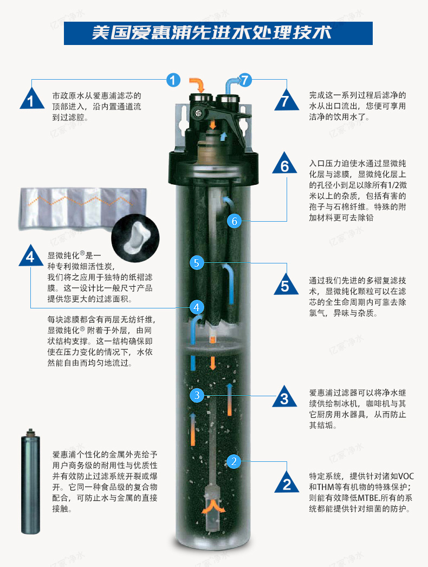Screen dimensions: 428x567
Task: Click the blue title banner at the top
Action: (x=218, y=33)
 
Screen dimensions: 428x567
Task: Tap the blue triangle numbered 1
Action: (x=32, y=99)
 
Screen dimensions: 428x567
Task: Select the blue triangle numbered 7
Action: (x=287, y=99)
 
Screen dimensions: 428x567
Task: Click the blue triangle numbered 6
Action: (x=285, y=164)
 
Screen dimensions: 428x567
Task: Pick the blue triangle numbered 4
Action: (x=31, y=256)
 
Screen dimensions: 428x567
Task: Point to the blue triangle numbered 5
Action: (x=286, y=285)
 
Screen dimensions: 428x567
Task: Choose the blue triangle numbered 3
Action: (x=285, y=397)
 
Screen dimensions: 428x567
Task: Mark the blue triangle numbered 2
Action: (x=287, y=482)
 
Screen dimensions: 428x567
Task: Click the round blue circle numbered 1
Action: (x=173, y=80)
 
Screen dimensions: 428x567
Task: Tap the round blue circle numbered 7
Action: (x=245, y=80)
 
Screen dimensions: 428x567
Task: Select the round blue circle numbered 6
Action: (x=234, y=221)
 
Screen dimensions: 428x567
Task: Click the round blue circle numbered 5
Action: (x=197, y=262)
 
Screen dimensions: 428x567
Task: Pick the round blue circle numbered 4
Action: (x=197, y=307)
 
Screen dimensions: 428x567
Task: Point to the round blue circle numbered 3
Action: (x=197, y=395)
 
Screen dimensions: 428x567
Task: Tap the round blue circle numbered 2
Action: (x=234, y=461)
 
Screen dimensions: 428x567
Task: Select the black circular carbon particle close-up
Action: (x=135, y=237)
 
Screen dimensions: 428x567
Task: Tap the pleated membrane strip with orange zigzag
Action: (x=82, y=208)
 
